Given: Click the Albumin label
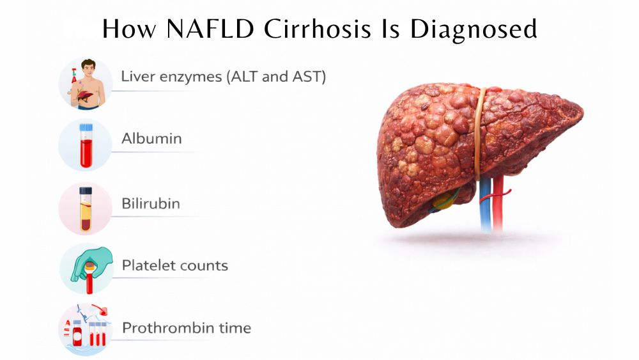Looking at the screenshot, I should coord(151,139).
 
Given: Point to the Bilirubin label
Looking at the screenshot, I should coord(151,203).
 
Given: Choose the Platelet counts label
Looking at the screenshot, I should coord(175,265).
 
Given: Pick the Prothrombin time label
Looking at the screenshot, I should coord(187,329).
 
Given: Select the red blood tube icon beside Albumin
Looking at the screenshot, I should coord(85,146).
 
